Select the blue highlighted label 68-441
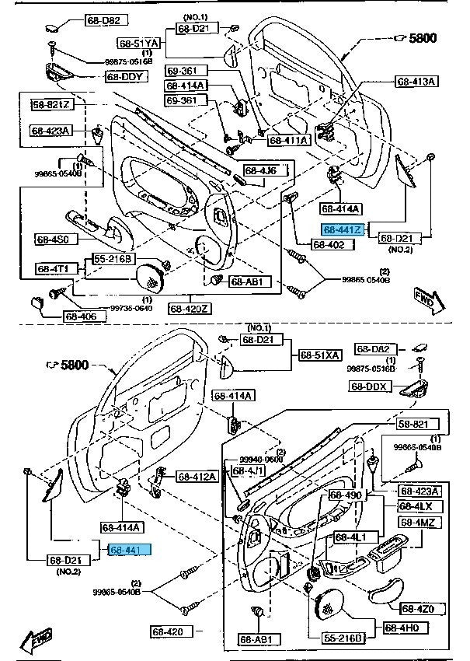pyautogui.click(x=130, y=550)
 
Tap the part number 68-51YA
pyautogui.click(x=138, y=44)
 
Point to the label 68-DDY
pyautogui.click(x=125, y=77)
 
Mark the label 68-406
pyautogui.click(x=81, y=317)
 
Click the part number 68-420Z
pyautogui.click(x=190, y=308)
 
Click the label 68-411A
pyautogui.click(x=289, y=140)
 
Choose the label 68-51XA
pyautogui.click(x=319, y=355)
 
